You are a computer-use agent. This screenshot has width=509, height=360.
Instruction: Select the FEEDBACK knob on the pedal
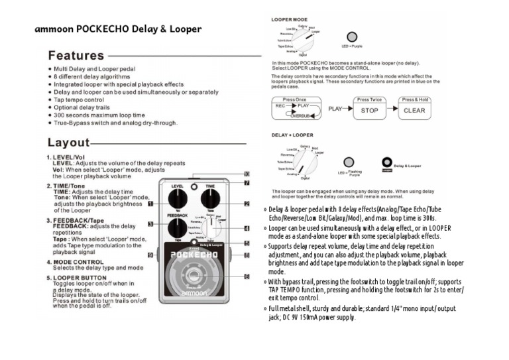[177, 229]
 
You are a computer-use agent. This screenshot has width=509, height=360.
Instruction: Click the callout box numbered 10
[246, 174]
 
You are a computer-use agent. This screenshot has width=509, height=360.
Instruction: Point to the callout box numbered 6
[246, 276]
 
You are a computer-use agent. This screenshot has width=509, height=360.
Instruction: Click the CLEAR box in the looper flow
[414, 110]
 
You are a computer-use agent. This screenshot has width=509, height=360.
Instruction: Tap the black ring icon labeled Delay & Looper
[386, 161]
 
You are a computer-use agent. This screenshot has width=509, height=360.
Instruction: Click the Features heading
[76, 56]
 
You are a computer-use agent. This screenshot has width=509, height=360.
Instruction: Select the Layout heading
[68, 143]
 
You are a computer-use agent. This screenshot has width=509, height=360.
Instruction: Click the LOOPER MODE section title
[288, 19]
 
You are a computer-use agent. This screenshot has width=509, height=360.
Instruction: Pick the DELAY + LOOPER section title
[292, 134]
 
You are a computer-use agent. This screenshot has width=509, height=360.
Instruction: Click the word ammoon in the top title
[54, 29]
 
